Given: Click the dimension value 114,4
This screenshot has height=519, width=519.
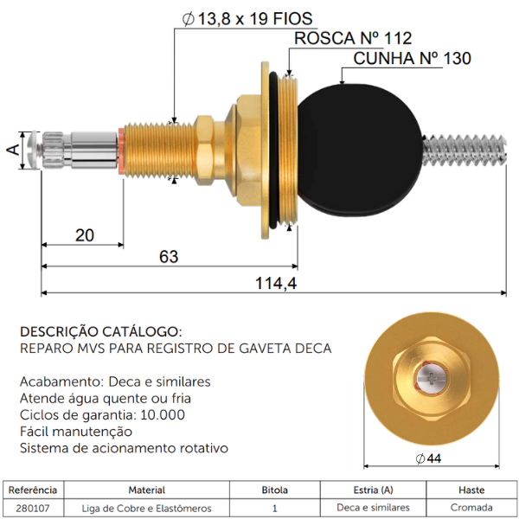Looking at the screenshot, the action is (276, 283).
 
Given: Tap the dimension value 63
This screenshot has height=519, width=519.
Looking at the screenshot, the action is (169, 257).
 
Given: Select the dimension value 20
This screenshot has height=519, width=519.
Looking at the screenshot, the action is (85, 235).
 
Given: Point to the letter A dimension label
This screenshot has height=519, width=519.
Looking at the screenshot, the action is (13, 150).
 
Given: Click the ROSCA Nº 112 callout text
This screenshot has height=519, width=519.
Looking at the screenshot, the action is (353, 38).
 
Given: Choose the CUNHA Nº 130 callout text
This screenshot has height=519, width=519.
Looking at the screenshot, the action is (412, 58).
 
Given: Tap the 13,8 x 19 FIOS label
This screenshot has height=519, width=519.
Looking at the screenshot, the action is (247, 18).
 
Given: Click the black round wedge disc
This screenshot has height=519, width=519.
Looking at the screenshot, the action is (360, 150).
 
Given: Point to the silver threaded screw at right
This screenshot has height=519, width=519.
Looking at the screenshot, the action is (465, 150).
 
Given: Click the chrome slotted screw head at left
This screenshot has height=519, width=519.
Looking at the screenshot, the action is (35, 151).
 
